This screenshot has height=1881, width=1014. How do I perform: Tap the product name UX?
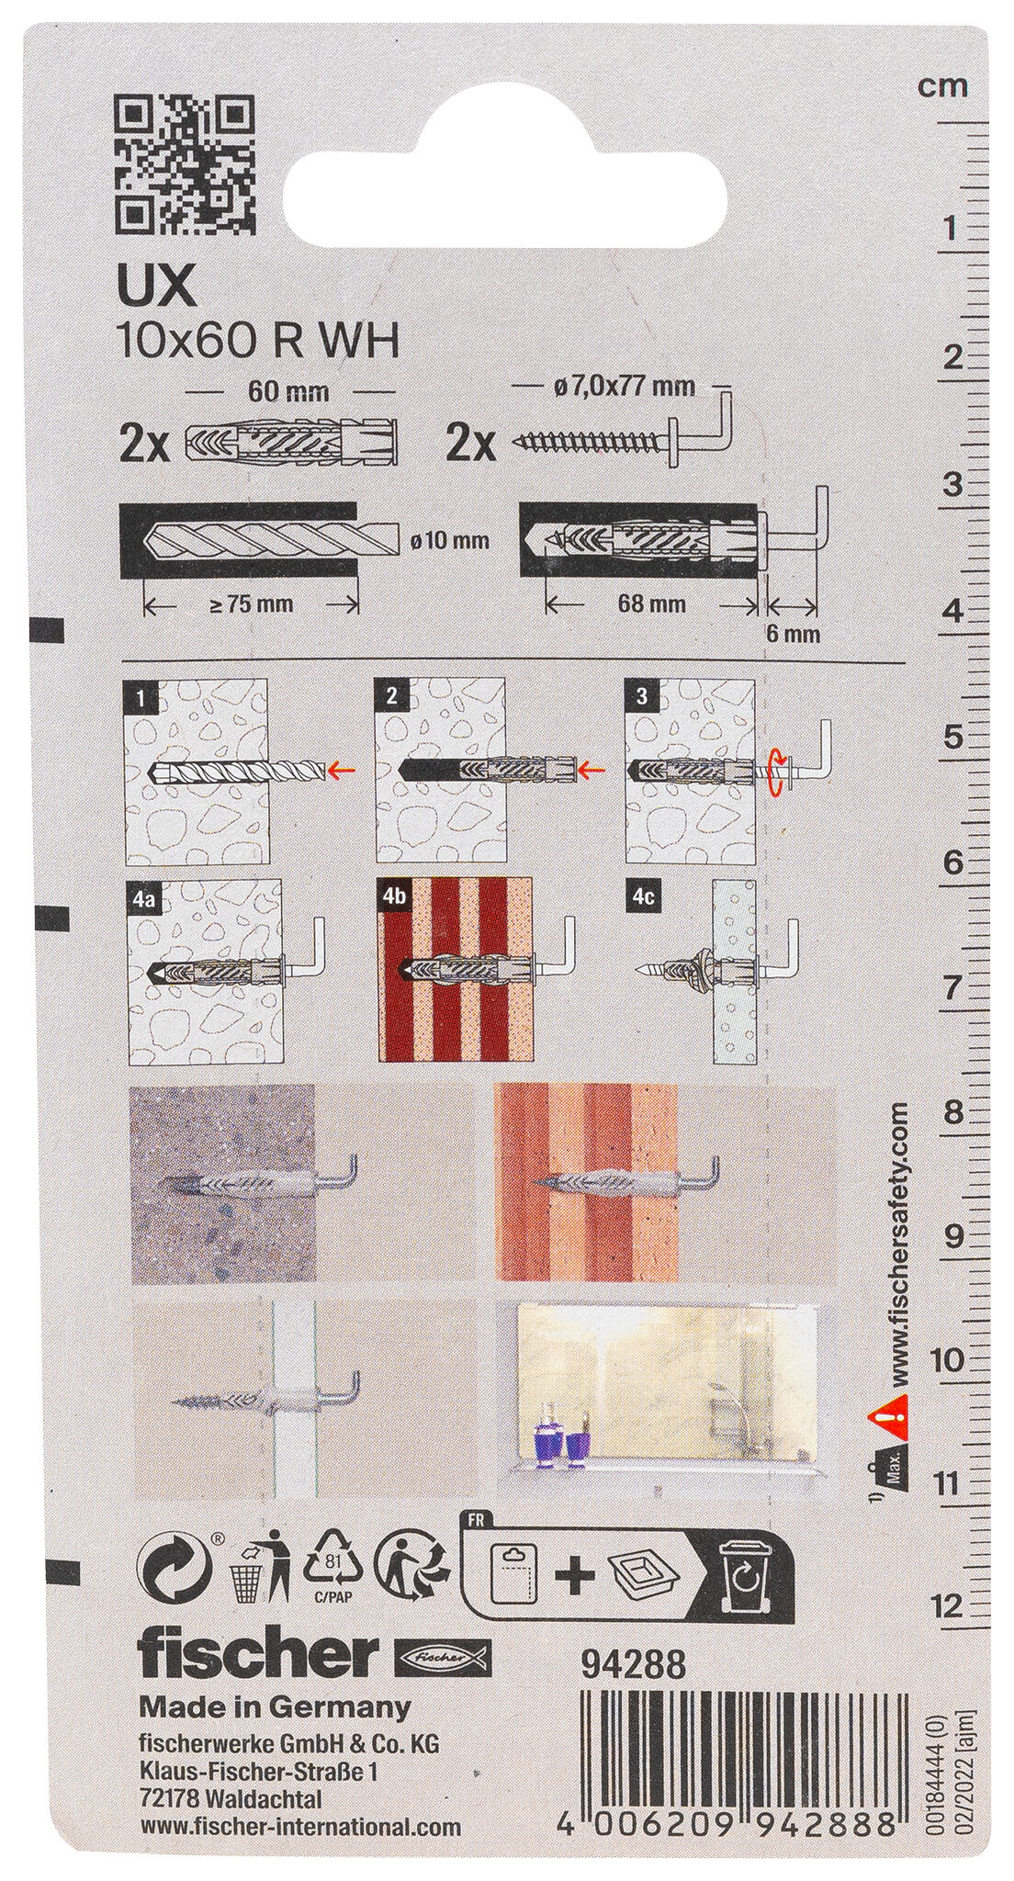pos(153,287)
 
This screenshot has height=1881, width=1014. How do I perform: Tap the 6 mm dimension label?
pos(791,633)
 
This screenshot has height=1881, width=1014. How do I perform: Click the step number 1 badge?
pos(140,697)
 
